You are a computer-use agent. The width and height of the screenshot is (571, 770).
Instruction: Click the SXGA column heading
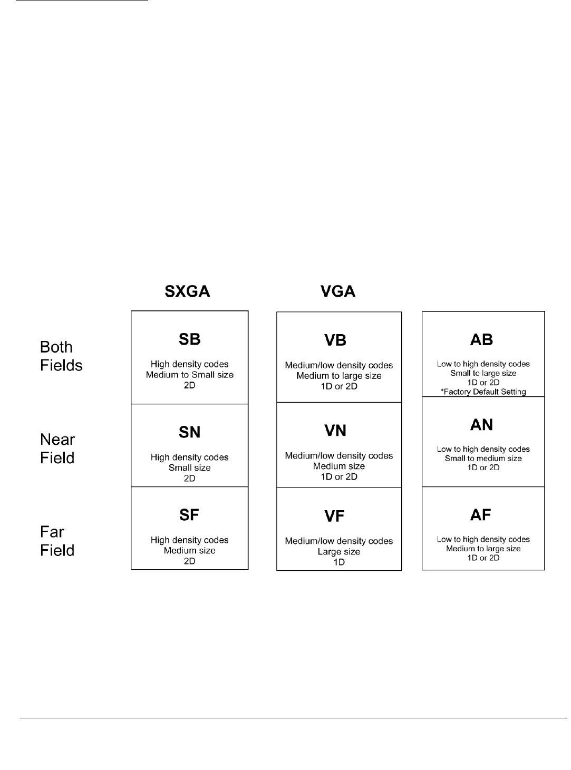188,291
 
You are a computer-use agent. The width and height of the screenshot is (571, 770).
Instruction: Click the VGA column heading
337,291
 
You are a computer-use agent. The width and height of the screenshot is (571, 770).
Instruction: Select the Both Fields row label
61,356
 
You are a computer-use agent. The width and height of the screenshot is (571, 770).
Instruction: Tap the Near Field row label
57,449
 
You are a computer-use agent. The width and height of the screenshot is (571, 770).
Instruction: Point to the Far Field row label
57,541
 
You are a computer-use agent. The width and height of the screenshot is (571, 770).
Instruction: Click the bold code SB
190,339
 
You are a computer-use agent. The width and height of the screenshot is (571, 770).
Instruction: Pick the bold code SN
190,432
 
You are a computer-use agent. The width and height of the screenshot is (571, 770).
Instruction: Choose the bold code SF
189,515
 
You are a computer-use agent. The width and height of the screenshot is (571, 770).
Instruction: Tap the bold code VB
335,340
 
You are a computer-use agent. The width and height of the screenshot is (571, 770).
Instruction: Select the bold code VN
335,431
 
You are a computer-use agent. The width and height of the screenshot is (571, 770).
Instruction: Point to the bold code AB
481,340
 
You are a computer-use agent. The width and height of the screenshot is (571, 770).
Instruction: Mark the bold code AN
481,425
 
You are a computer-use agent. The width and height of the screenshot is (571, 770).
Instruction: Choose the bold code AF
481,515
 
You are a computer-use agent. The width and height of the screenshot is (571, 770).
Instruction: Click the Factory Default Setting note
483,392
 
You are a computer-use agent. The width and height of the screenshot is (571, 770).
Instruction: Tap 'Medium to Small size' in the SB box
190,375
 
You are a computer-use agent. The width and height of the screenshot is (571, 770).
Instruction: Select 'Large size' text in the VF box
338,552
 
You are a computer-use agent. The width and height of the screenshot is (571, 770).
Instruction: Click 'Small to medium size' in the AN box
483,459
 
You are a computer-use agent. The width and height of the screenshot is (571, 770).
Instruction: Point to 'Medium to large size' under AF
483,549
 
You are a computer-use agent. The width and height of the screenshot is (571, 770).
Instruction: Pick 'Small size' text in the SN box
190,468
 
